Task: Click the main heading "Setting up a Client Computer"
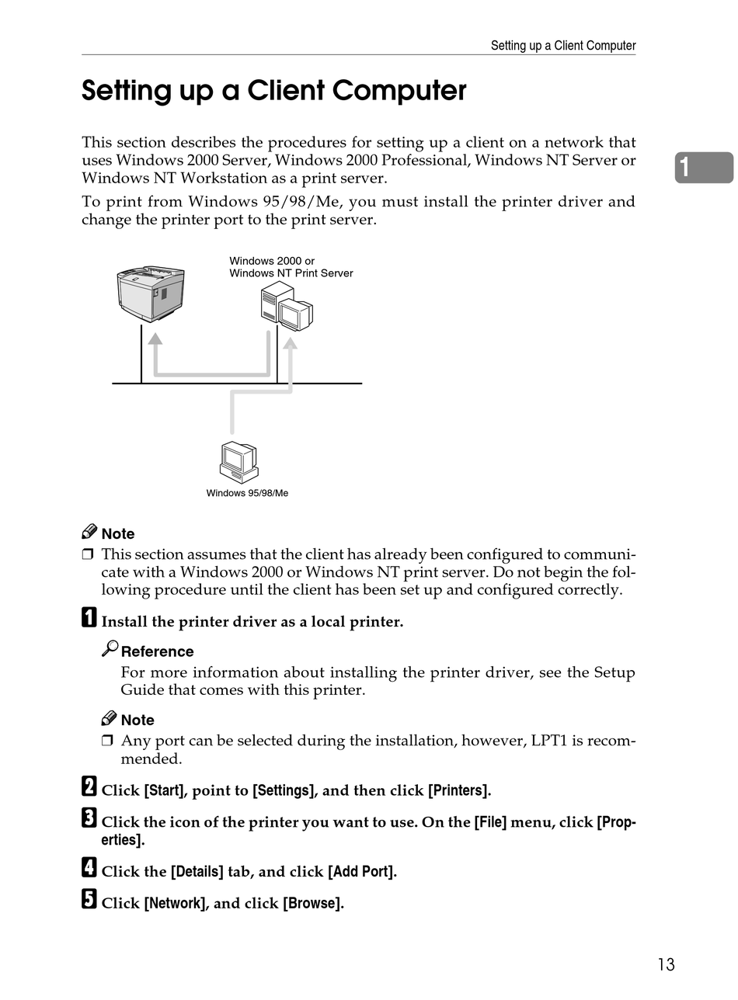(x=273, y=92)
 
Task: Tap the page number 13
(x=666, y=965)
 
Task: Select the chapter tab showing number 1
(x=703, y=168)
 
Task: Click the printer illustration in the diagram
(x=151, y=293)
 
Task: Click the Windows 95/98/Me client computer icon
(x=238, y=462)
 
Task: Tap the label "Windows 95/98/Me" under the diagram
(x=247, y=493)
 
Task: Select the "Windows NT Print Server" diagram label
(x=291, y=273)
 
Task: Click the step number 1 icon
(x=89, y=620)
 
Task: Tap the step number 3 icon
(x=89, y=818)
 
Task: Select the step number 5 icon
(x=89, y=901)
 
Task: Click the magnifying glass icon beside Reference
(x=110, y=648)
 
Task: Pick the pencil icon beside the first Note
(x=89, y=532)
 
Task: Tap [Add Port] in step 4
(x=362, y=872)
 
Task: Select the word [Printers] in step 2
(x=459, y=791)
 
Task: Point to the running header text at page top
(x=562, y=46)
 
